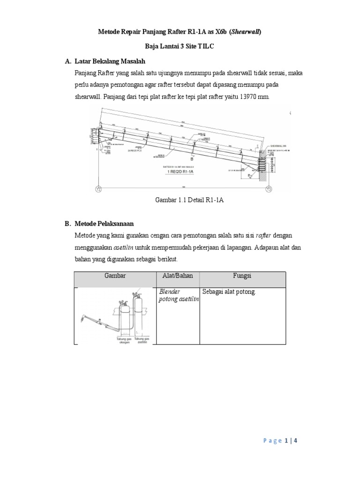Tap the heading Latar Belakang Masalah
click(x=110, y=61)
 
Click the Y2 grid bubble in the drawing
click(x=98, y=189)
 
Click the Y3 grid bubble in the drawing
click(x=269, y=189)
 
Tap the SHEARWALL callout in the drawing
click(x=278, y=146)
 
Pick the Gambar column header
click(x=115, y=276)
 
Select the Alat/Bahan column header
click(x=177, y=276)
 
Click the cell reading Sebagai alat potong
click(x=229, y=292)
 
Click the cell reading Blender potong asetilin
click(x=178, y=296)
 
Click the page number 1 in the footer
click(x=286, y=441)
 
